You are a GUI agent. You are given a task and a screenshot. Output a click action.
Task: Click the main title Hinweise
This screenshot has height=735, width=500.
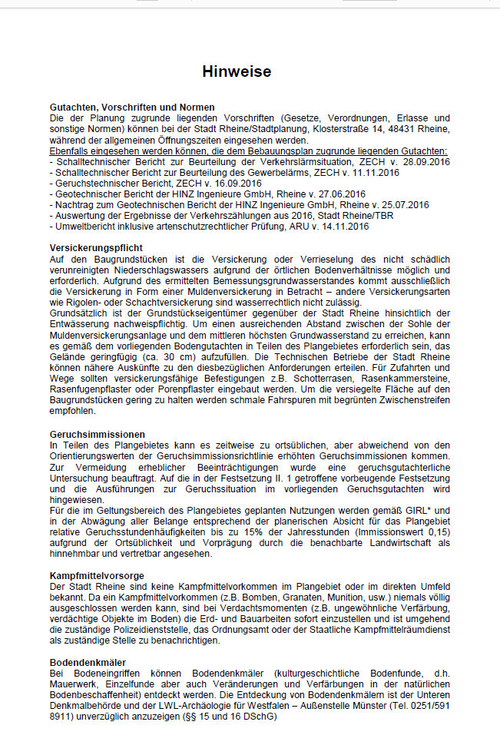click(x=237, y=72)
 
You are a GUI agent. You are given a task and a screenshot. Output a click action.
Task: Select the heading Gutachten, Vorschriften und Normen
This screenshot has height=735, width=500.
click(x=132, y=108)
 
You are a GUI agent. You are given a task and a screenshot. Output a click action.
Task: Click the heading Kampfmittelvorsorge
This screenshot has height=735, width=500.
click(x=98, y=575)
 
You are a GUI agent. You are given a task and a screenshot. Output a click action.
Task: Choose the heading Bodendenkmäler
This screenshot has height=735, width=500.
click(x=88, y=662)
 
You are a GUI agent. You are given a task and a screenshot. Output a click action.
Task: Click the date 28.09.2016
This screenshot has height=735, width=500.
click(x=424, y=162)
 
